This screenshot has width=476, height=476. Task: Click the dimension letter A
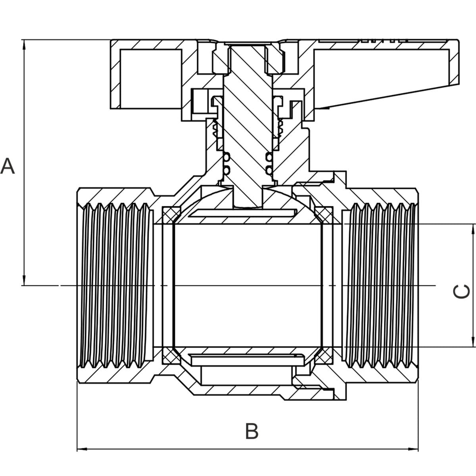8,166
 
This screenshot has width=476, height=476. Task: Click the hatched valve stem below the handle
248,119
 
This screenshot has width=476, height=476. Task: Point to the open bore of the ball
248,286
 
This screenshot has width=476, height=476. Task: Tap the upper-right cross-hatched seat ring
324,215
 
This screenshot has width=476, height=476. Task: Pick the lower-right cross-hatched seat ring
324,355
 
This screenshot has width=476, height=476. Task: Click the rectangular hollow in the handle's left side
150,78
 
